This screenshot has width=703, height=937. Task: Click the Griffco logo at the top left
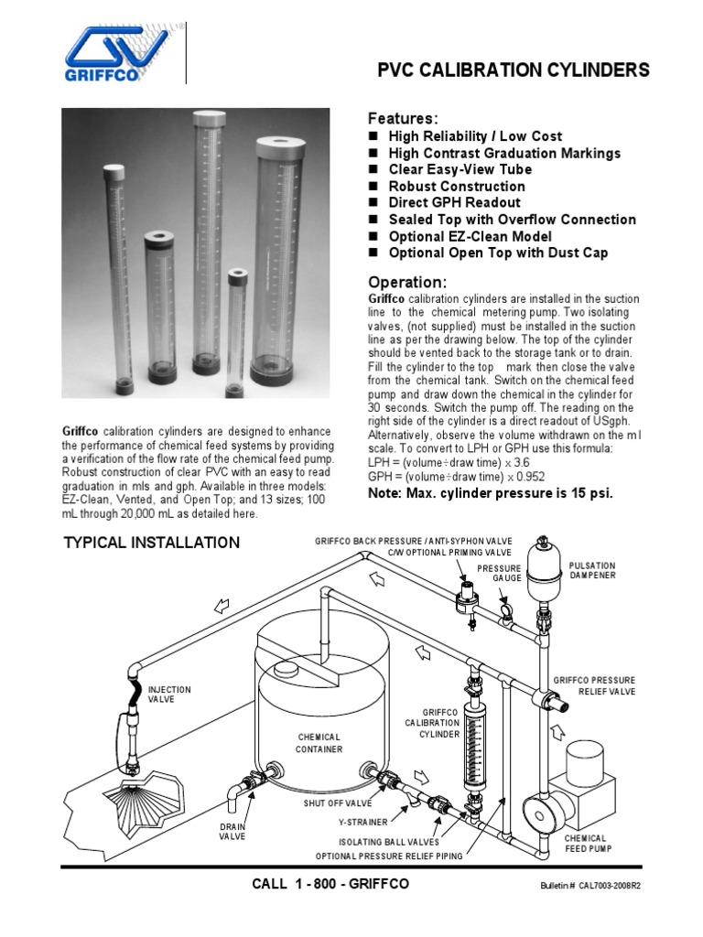[x=115, y=54]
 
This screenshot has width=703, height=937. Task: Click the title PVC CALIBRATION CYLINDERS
[x=514, y=70]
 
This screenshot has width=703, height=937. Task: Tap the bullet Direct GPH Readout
[x=454, y=202]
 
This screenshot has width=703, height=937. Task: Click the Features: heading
[x=403, y=119]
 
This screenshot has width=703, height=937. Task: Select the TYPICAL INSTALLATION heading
[x=152, y=543]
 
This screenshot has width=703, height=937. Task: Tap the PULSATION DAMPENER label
[x=592, y=570]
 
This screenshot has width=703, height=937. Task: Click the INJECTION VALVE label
[x=170, y=694]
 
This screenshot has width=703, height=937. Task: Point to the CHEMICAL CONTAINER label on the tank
[x=319, y=743]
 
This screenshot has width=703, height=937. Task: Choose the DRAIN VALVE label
[x=232, y=831]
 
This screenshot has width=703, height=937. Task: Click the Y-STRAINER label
[x=362, y=822]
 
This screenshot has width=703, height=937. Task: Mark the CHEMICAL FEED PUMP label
[x=586, y=843]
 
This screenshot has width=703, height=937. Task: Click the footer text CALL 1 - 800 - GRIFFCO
[x=330, y=884]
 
